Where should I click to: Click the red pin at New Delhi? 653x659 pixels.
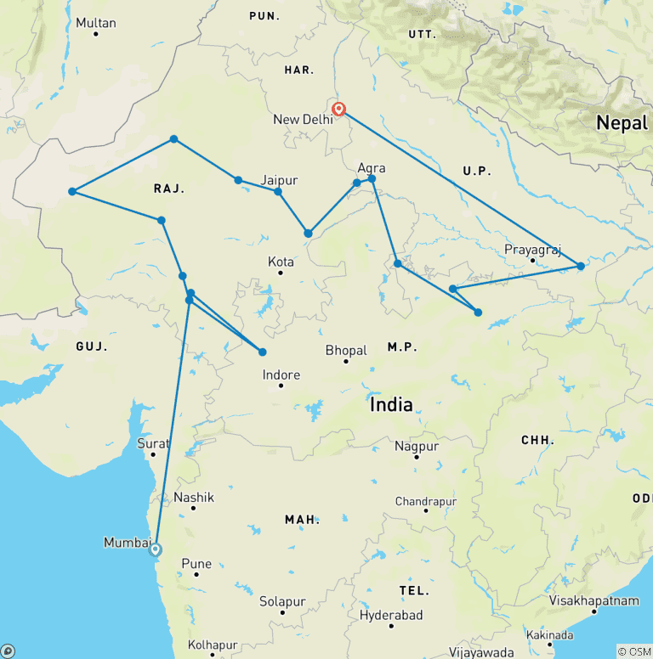[338, 109]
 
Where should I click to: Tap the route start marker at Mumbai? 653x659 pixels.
[156, 549]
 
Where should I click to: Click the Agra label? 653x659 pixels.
[372, 168]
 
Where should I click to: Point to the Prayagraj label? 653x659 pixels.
[533, 250]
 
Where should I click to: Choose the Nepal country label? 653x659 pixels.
[622, 123]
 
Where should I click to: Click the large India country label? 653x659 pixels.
[391, 404]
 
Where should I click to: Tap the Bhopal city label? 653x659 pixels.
[346, 350]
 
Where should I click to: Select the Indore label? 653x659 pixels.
[281, 375]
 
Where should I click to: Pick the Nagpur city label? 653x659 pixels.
[417, 446]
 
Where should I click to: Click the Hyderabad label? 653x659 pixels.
[391, 614]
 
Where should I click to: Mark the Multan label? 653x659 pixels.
[95, 22]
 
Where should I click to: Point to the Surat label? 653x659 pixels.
[154, 443]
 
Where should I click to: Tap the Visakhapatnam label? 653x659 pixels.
[593, 600]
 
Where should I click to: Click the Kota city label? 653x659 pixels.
[281, 262]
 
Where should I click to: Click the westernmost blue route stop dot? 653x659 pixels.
[72, 191]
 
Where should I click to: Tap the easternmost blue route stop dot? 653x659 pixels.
[581, 266]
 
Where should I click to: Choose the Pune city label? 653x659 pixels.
[196, 564]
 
